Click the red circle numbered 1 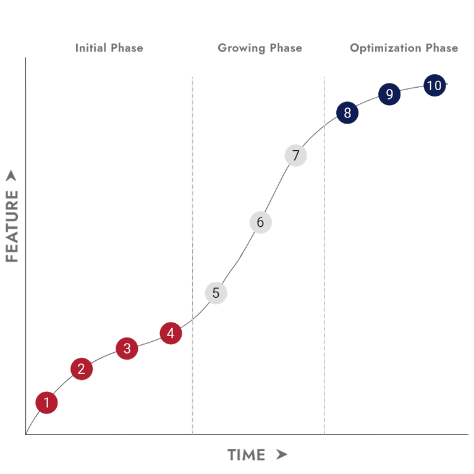click(x=46, y=403)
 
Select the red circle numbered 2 click(x=81, y=369)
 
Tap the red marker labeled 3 click(x=127, y=348)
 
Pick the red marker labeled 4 click(x=171, y=334)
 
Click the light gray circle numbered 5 click(x=216, y=292)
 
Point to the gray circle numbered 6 click(x=260, y=222)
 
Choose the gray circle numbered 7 click(x=296, y=155)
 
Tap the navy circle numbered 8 click(x=347, y=112)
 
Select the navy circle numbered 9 click(x=389, y=94)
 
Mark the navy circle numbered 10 click(x=434, y=85)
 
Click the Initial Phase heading click(x=109, y=48)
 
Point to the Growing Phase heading click(x=260, y=48)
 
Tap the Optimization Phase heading click(x=404, y=48)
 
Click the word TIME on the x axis click(x=247, y=455)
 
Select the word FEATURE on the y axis click(x=13, y=226)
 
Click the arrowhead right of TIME click(x=281, y=455)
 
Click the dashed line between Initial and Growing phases click(x=192, y=247)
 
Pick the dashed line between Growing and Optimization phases click(x=324, y=247)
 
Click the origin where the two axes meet click(x=26, y=434)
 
